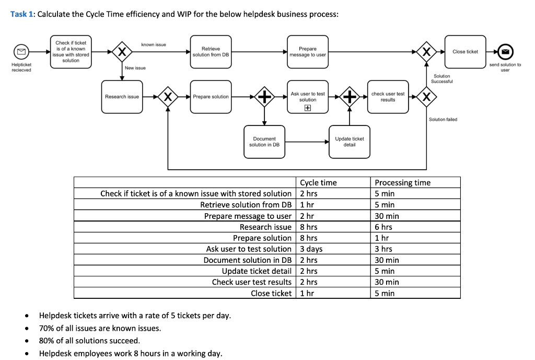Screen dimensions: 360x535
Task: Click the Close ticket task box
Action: pyautogui.click(x=465, y=52)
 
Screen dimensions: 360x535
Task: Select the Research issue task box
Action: pyautogui.click(x=122, y=97)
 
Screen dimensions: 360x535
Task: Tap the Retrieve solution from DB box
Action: pyautogui.click(x=211, y=52)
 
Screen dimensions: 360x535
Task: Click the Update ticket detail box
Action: pyautogui.click(x=349, y=142)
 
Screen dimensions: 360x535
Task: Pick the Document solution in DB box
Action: pyautogui.click(x=264, y=142)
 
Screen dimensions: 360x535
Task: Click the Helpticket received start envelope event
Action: pyautogui.click(x=21, y=52)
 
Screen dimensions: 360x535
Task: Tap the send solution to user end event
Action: pyautogui.click(x=505, y=52)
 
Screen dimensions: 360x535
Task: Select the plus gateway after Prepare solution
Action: pyautogui.click(x=264, y=97)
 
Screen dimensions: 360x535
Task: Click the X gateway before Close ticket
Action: pyautogui.click(x=427, y=52)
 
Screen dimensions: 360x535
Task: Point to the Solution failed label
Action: pyautogui.click(x=443, y=120)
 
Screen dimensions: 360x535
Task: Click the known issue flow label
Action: pyautogui.click(x=154, y=45)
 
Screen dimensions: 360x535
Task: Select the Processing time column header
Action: pyautogui.click(x=402, y=182)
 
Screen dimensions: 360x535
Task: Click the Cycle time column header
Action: pyautogui.click(x=318, y=182)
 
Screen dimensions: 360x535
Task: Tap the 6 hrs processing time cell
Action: pyautogui.click(x=383, y=227)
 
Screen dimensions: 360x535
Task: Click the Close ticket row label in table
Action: pyautogui.click(x=271, y=293)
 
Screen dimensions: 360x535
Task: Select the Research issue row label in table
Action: pyautogui.click(x=265, y=227)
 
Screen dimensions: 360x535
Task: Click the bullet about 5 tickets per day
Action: pyautogui.click(x=135, y=316)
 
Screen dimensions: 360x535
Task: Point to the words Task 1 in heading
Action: pyautogui.click(x=22, y=14)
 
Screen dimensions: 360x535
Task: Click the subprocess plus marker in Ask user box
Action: pyautogui.click(x=308, y=108)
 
